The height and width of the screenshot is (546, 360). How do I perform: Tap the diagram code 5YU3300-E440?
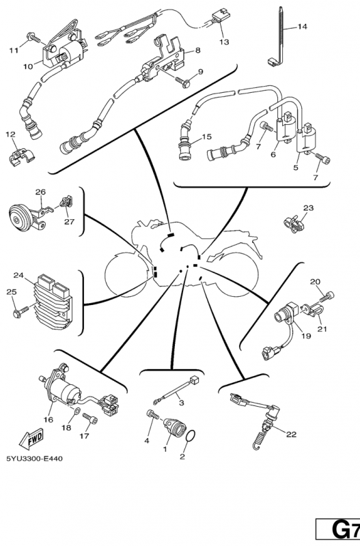[35, 459]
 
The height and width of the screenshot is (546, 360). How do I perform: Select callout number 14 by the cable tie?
[302, 27]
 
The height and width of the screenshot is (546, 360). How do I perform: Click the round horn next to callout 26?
[20, 218]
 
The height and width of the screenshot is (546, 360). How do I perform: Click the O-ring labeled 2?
[191, 437]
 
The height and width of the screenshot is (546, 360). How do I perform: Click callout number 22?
[291, 434]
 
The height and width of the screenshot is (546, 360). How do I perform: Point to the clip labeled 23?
[294, 223]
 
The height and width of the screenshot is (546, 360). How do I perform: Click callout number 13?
[224, 42]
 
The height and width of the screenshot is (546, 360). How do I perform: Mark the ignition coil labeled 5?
[306, 140]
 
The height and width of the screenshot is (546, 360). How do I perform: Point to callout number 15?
[207, 136]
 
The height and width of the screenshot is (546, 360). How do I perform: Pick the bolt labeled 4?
[152, 415]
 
